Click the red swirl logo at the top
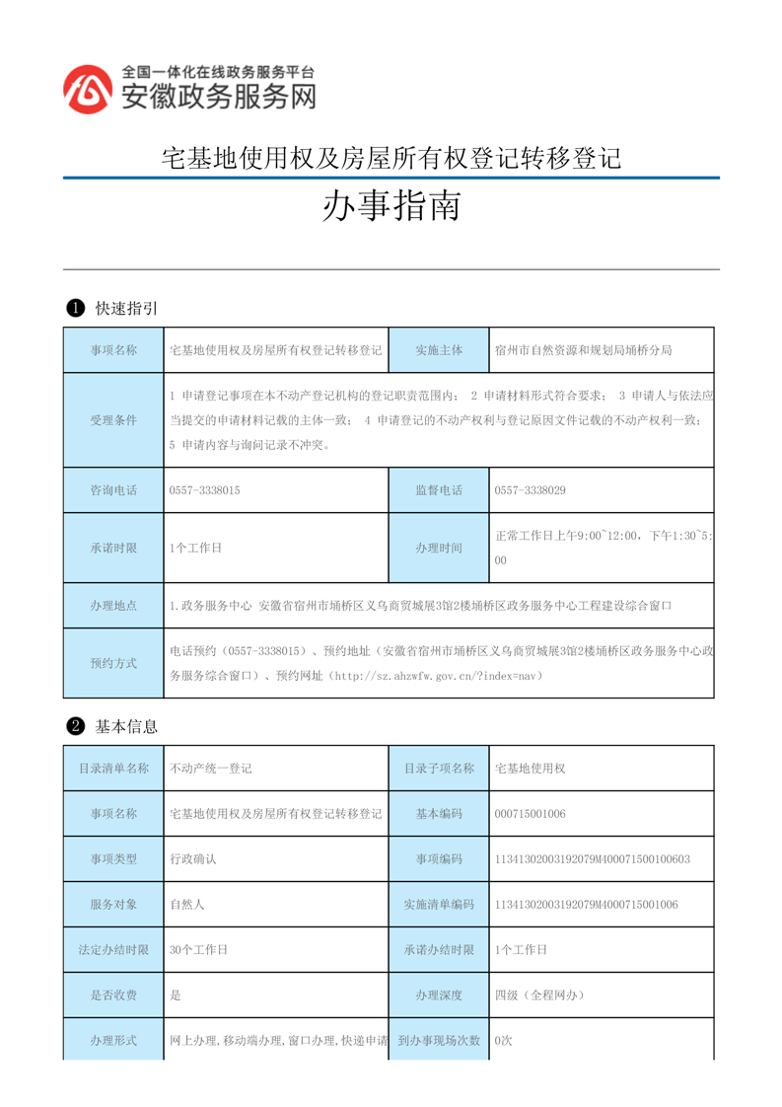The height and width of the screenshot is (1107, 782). tap(88, 90)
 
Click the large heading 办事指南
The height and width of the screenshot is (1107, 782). tap(391, 206)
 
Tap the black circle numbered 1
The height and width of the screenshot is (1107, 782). tap(74, 309)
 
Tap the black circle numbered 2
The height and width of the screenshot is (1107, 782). tap(74, 726)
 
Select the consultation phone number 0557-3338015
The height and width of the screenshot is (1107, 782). tap(205, 489)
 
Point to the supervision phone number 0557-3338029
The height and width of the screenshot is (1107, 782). tap(530, 489)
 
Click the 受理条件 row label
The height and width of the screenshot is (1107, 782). tap(113, 420)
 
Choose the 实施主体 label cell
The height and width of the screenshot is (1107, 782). tap(439, 350)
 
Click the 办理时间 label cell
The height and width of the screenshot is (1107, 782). tap(439, 548)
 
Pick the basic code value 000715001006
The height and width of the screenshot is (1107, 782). tap(531, 814)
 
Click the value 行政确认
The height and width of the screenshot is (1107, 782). tap(193, 859)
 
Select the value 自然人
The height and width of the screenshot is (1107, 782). tap(187, 904)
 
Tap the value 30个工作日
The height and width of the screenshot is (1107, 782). tap(199, 949)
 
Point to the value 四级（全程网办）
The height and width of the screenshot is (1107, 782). tap(540, 995)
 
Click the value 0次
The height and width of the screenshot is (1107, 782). tap(504, 1040)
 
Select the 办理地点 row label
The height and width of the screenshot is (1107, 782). tap(113, 605)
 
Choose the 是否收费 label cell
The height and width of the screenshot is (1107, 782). tap(113, 995)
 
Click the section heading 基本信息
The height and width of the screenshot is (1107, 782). tap(126, 726)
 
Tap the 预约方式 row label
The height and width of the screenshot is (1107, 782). tap(113, 663)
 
